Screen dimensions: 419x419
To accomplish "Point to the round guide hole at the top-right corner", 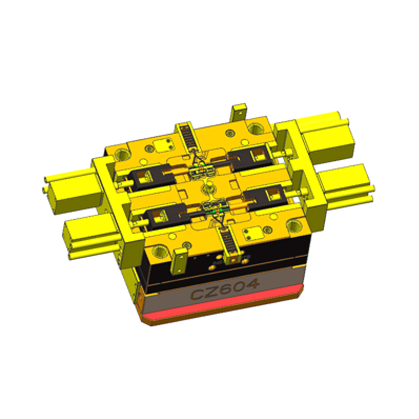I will coord(256,127).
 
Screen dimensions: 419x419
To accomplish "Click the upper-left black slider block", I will coord(144,178).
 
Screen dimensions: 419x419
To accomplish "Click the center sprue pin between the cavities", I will coord(208,186).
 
